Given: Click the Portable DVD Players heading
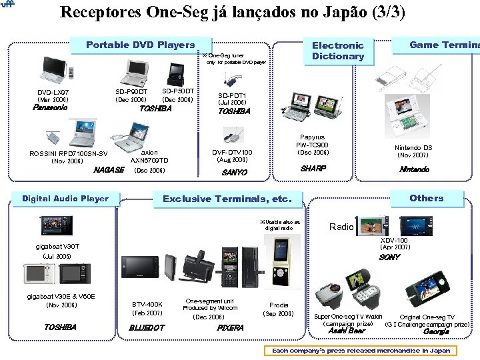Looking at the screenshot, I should (x=140, y=45).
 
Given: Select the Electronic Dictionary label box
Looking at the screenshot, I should (x=338, y=51).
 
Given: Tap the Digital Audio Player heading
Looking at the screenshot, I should (x=65, y=198).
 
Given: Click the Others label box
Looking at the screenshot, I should (x=426, y=197).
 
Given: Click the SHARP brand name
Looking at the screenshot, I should (x=312, y=169).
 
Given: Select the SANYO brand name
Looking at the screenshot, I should (x=234, y=172).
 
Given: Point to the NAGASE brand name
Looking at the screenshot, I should (x=109, y=170).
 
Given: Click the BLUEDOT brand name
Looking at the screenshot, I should (x=147, y=327).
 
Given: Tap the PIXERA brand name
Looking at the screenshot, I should (x=230, y=327).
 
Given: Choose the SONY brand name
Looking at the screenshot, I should (x=390, y=257).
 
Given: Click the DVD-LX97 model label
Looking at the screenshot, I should (x=53, y=92).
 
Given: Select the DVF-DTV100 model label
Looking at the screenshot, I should (x=232, y=152).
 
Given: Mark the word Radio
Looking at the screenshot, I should (x=341, y=227).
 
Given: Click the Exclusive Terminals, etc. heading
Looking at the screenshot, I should (x=227, y=199).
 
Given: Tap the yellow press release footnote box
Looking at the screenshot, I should (x=359, y=350).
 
